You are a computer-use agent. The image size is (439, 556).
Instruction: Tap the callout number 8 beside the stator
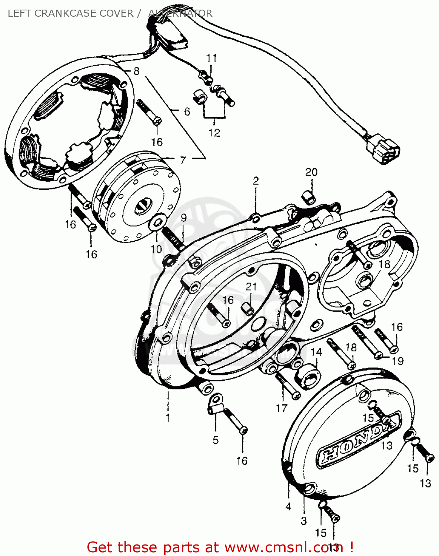tap(136, 71)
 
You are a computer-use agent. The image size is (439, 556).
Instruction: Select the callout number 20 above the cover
tap(311, 172)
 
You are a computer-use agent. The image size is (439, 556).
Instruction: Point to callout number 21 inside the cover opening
tap(251, 287)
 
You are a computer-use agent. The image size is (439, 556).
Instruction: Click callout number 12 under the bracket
tap(214, 133)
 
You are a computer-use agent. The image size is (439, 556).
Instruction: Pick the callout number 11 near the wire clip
tap(212, 58)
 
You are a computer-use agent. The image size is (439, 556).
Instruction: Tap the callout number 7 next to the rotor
tap(183, 160)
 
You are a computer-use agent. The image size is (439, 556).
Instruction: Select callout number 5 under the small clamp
tap(216, 440)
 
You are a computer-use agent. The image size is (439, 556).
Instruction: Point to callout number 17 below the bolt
tap(282, 408)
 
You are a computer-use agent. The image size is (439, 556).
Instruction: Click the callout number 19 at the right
tap(398, 361)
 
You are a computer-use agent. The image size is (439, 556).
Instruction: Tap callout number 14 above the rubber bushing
tap(316, 352)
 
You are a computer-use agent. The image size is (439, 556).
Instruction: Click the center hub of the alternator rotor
tap(143, 206)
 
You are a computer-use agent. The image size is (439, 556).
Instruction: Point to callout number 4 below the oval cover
tap(288, 506)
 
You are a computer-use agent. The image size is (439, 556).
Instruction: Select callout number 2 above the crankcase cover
tap(256, 181)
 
